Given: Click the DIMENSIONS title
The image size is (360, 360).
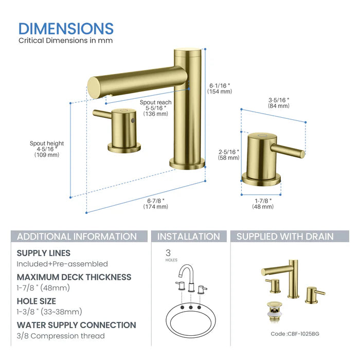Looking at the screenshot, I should (x=66, y=28).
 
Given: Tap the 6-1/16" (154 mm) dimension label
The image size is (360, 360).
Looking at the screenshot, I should (x=220, y=88).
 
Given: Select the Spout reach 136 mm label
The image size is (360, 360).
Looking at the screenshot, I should (x=155, y=108).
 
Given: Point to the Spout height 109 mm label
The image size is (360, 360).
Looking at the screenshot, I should (x=47, y=149).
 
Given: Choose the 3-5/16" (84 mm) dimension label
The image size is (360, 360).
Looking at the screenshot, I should (x=279, y=102).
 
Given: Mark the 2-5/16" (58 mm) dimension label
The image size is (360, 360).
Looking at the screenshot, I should (x=228, y=155).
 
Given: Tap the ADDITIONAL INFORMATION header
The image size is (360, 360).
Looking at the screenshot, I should (x=77, y=237).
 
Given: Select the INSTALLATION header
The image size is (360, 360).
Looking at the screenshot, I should (x=188, y=237).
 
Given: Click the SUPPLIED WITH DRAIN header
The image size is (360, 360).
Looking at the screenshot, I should (x=285, y=237).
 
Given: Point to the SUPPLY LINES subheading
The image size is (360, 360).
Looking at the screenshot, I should (x=44, y=253).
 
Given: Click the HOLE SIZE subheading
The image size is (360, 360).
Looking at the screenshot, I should (x=37, y=301).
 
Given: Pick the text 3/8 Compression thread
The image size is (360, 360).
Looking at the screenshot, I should (x=61, y=336).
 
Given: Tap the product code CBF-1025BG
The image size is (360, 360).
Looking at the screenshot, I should (x=295, y=334).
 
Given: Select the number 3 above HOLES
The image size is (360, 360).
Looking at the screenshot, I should (x=168, y=253).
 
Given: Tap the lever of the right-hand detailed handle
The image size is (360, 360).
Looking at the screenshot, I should (x=287, y=150).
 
